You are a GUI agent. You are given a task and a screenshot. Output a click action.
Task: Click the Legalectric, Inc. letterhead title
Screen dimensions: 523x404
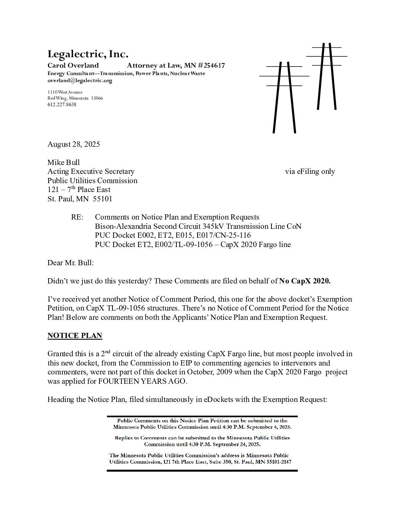(x=88, y=54)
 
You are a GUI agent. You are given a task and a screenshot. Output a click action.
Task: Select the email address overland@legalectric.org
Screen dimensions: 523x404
(x=79, y=80)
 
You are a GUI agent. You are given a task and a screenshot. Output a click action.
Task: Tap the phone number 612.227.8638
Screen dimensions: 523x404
(x=62, y=104)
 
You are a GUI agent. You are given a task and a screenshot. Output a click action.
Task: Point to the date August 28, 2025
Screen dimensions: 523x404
(x=74, y=144)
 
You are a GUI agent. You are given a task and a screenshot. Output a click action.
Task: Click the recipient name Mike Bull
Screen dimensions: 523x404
(x=63, y=162)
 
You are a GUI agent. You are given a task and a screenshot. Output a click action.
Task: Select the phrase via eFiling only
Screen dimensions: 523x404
(x=310, y=171)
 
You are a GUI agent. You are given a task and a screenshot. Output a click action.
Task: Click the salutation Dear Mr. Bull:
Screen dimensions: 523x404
(x=71, y=263)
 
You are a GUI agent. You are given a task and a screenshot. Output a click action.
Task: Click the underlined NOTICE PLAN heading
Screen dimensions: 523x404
(x=75, y=335)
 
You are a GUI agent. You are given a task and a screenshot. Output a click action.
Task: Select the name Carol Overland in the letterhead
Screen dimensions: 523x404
(x=73, y=66)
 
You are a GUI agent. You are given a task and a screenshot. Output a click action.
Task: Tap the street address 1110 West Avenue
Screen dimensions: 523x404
(x=65, y=92)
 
